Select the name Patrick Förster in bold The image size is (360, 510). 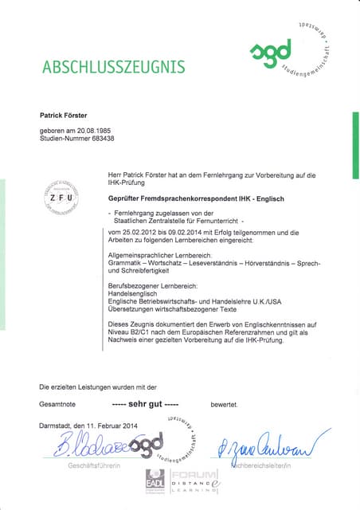[x=69, y=116]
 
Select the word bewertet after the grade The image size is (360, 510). [x=224, y=405]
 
